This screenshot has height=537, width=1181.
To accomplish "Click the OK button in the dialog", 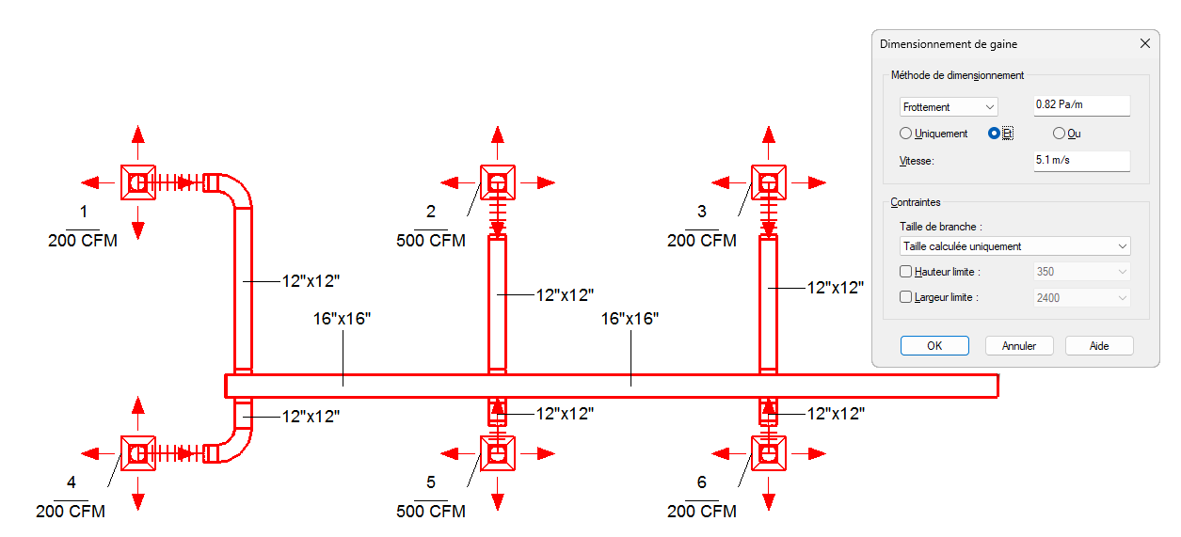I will tap(934, 346).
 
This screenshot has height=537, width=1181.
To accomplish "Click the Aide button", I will tap(1098, 346).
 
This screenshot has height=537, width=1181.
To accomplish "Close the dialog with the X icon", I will tap(1144, 44).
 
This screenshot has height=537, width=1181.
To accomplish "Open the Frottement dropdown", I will tap(948, 107).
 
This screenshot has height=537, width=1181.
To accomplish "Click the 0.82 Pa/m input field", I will tap(1080, 105).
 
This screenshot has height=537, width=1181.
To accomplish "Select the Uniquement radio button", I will tap(906, 134).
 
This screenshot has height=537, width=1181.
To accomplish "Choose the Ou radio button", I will tap(1059, 134).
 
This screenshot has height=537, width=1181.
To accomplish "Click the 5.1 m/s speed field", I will tap(1080, 160).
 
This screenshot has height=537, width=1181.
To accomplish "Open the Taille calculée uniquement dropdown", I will tap(1014, 246).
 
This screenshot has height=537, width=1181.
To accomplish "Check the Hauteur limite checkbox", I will tap(906, 272).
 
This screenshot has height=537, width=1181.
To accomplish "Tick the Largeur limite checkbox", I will tap(906, 297).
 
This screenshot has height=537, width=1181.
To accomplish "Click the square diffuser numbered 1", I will tap(138, 182).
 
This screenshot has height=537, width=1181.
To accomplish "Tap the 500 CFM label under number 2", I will tap(431, 241).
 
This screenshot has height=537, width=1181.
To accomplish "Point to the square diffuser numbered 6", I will tap(768, 453).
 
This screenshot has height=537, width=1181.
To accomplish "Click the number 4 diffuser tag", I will tap(72, 482).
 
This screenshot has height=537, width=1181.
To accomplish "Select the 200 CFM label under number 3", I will tap(702, 241).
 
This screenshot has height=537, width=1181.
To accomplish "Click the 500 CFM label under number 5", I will tap(431, 512).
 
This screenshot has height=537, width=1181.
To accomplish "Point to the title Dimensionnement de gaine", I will tap(948, 44).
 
